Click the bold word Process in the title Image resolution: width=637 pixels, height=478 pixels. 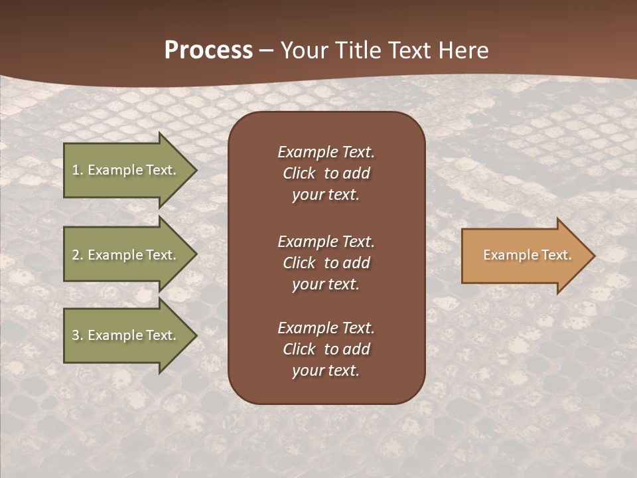(208, 50)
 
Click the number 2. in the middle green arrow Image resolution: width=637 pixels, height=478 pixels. (78, 255)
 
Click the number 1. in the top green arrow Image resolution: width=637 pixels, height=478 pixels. (78, 170)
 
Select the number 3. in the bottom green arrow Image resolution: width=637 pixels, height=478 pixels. (78, 335)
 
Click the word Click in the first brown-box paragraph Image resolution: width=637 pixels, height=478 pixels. (299, 173)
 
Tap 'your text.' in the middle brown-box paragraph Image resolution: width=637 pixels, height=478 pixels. (326, 284)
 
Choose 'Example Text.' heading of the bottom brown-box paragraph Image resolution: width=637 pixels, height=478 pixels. (326, 328)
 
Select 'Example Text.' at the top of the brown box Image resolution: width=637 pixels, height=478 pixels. (326, 152)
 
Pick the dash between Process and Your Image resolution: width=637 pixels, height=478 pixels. (266, 51)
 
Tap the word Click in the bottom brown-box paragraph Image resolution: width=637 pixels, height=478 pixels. (299, 349)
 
